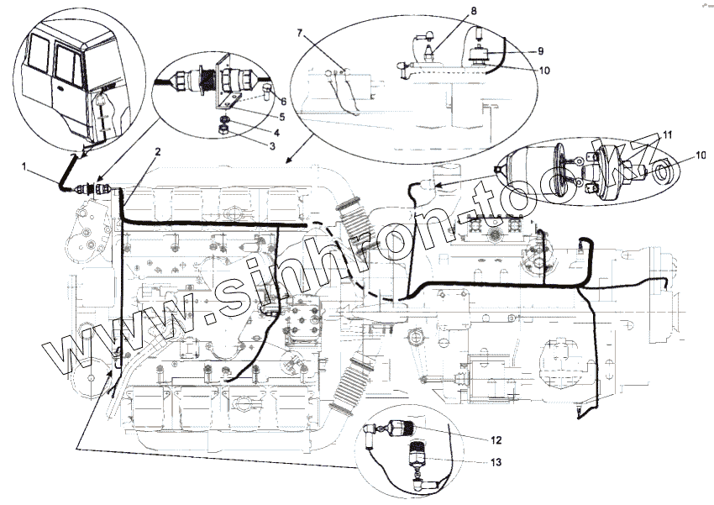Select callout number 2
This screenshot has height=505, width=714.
(x=157, y=151)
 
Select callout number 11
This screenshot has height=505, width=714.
(x=668, y=134)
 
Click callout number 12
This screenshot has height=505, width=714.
(x=497, y=439)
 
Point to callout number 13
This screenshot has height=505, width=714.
(x=497, y=461)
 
